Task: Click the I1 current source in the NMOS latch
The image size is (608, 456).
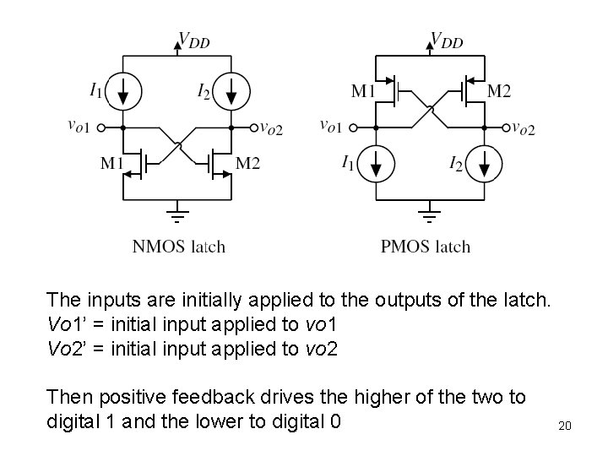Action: pos(123,89)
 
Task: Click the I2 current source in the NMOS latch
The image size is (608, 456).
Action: pos(231,89)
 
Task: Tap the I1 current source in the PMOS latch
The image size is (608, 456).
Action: pos(377,163)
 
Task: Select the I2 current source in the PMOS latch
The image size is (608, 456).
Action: pos(484,163)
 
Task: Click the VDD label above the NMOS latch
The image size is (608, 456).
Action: pos(194,40)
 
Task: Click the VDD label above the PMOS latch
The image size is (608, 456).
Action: pos(447,40)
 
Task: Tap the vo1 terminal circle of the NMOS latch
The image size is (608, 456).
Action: pos(101,128)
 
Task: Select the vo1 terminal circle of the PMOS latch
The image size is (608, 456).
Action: pos(354,128)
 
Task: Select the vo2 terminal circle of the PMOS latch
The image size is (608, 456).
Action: pos(506,128)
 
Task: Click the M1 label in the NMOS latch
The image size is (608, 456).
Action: pos(113,162)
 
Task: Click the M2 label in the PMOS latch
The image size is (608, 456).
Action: pos(499,90)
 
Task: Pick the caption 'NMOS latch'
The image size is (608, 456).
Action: pos(179,247)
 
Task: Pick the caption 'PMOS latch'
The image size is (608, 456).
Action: pos(426,247)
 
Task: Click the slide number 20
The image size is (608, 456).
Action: pos(565,426)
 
